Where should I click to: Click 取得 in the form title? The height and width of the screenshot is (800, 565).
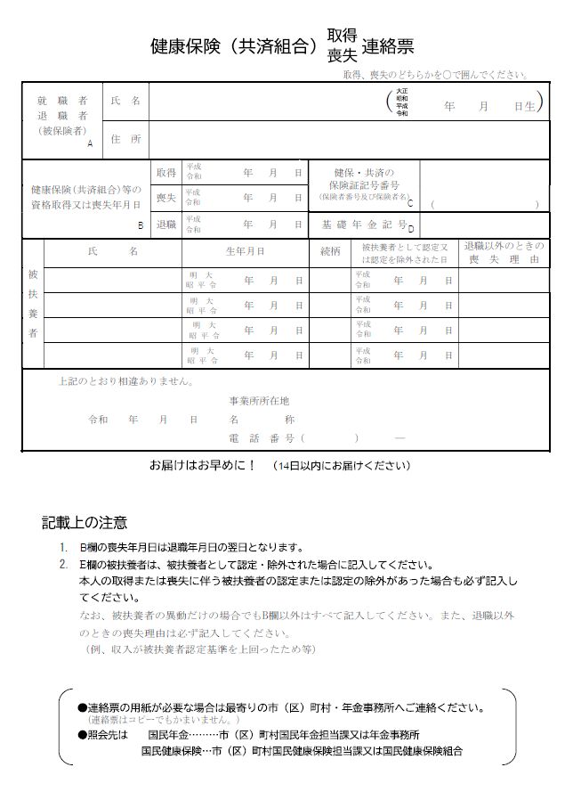pyautogui.click(x=342, y=35)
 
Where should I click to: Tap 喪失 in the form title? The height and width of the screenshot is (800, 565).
pyautogui.click(x=342, y=54)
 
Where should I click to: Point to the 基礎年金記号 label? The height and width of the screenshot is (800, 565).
pyautogui.click(x=364, y=225)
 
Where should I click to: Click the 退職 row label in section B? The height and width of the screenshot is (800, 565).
pyautogui.click(x=165, y=225)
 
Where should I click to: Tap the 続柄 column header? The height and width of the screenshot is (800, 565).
pyautogui.click(x=330, y=251)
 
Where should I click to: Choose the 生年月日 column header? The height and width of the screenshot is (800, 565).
pyautogui.click(x=245, y=251)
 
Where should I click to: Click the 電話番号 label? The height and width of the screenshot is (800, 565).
pyautogui.click(x=262, y=437)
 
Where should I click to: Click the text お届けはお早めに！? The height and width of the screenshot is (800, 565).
pyautogui.click(x=202, y=465)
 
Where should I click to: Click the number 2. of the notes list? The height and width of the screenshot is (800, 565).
pyautogui.click(x=63, y=565)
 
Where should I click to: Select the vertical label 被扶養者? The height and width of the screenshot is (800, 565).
pyautogui.click(x=33, y=304)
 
